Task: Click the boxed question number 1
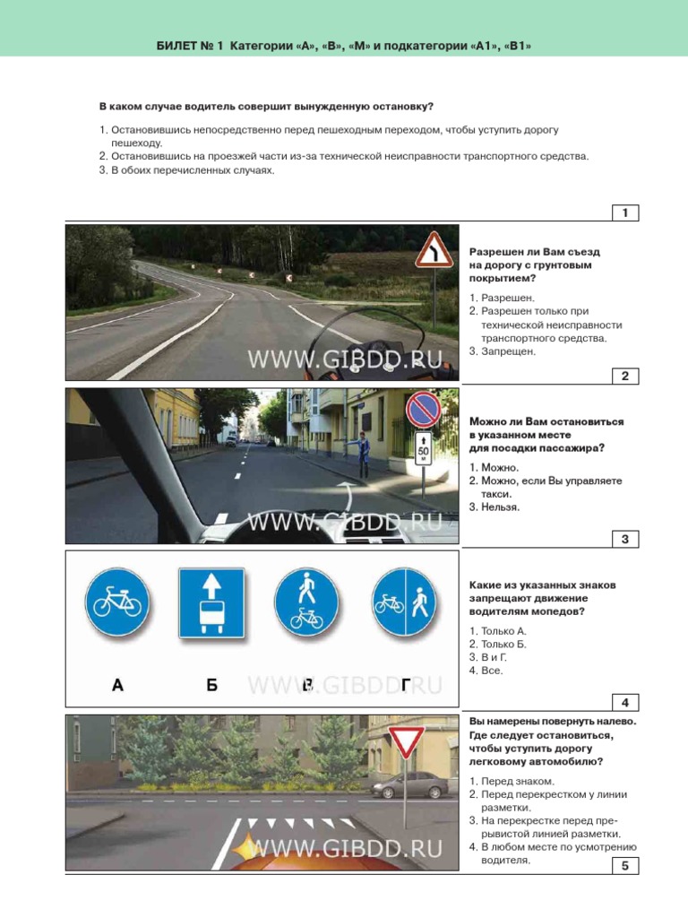click(624, 212)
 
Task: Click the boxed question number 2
click(624, 376)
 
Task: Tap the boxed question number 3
click(624, 539)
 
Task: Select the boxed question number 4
click(624, 702)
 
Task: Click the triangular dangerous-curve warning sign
click(434, 251)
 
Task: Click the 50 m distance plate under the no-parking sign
click(423, 448)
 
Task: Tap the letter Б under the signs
click(212, 687)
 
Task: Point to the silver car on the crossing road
click(409, 786)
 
